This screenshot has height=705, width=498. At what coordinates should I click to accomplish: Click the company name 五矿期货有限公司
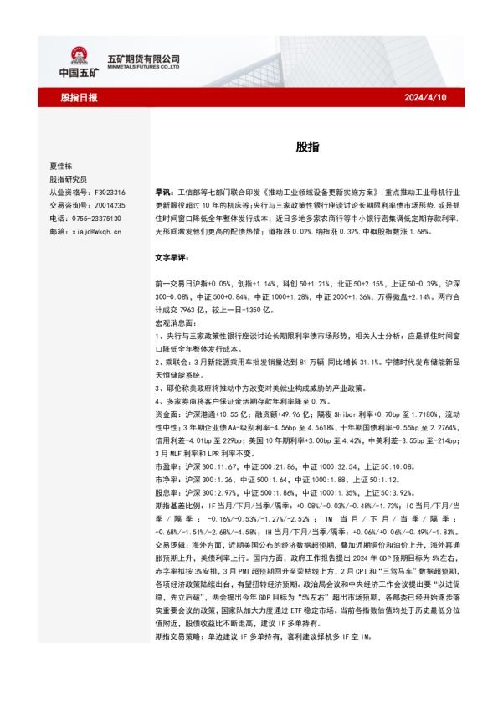coord(144,59)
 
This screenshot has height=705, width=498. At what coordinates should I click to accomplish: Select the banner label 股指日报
coord(79,98)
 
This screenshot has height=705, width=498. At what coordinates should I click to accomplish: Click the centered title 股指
coord(306,147)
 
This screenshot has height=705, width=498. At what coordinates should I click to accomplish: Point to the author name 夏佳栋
coord(61,167)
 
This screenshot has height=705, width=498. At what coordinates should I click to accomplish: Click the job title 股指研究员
coord(68,179)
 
